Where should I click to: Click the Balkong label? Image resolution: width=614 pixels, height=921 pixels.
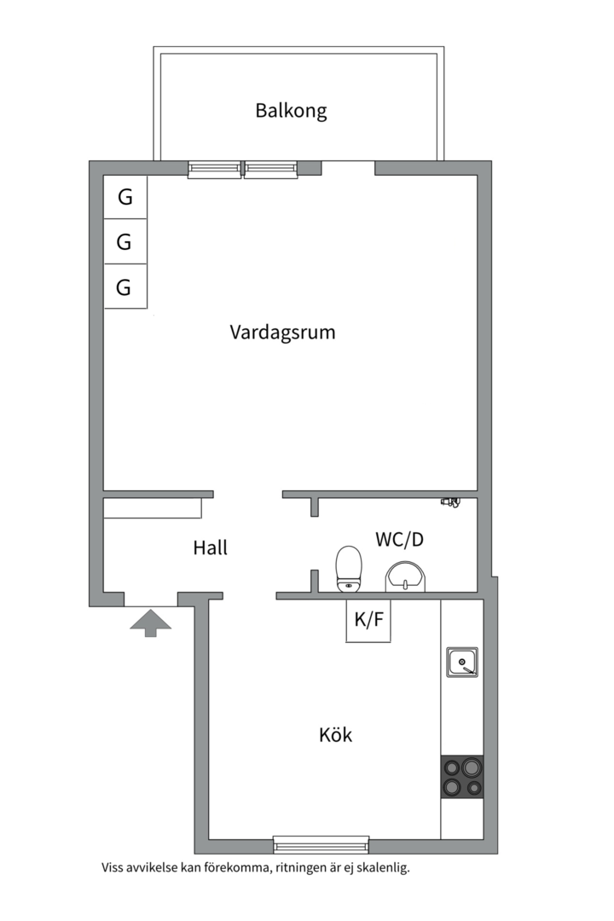[x=291, y=110]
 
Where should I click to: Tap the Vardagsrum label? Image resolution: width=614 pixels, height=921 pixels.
[x=282, y=332]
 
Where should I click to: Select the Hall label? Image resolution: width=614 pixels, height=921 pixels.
[x=210, y=547]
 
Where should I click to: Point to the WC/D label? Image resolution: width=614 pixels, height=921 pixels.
[x=400, y=539]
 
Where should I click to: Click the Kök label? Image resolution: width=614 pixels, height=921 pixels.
[x=335, y=734]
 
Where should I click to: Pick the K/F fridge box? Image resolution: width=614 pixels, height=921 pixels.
[x=368, y=621]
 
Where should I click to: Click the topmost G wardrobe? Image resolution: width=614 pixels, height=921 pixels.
[x=125, y=197]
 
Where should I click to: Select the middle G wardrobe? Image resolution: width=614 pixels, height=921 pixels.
[x=125, y=241]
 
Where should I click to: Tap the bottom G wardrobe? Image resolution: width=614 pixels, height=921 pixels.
[x=125, y=287]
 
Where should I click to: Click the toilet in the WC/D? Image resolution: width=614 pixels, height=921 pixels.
[x=349, y=569]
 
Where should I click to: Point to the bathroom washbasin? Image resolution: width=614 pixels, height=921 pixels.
[x=405, y=576]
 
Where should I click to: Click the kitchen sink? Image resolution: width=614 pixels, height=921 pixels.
[x=462, y=663]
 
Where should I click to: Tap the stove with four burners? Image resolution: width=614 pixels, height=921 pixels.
[x=462, y=777]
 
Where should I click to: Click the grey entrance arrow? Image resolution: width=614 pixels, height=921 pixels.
[x=150, y=623]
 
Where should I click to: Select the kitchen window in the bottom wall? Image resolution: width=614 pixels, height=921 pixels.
[x=321, y=844]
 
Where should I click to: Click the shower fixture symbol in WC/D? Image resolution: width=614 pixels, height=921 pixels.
[x=450, y=502]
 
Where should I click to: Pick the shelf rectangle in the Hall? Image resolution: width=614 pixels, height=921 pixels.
[x=153, y=508]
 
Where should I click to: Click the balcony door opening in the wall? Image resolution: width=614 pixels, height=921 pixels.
[x=348, y=168]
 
